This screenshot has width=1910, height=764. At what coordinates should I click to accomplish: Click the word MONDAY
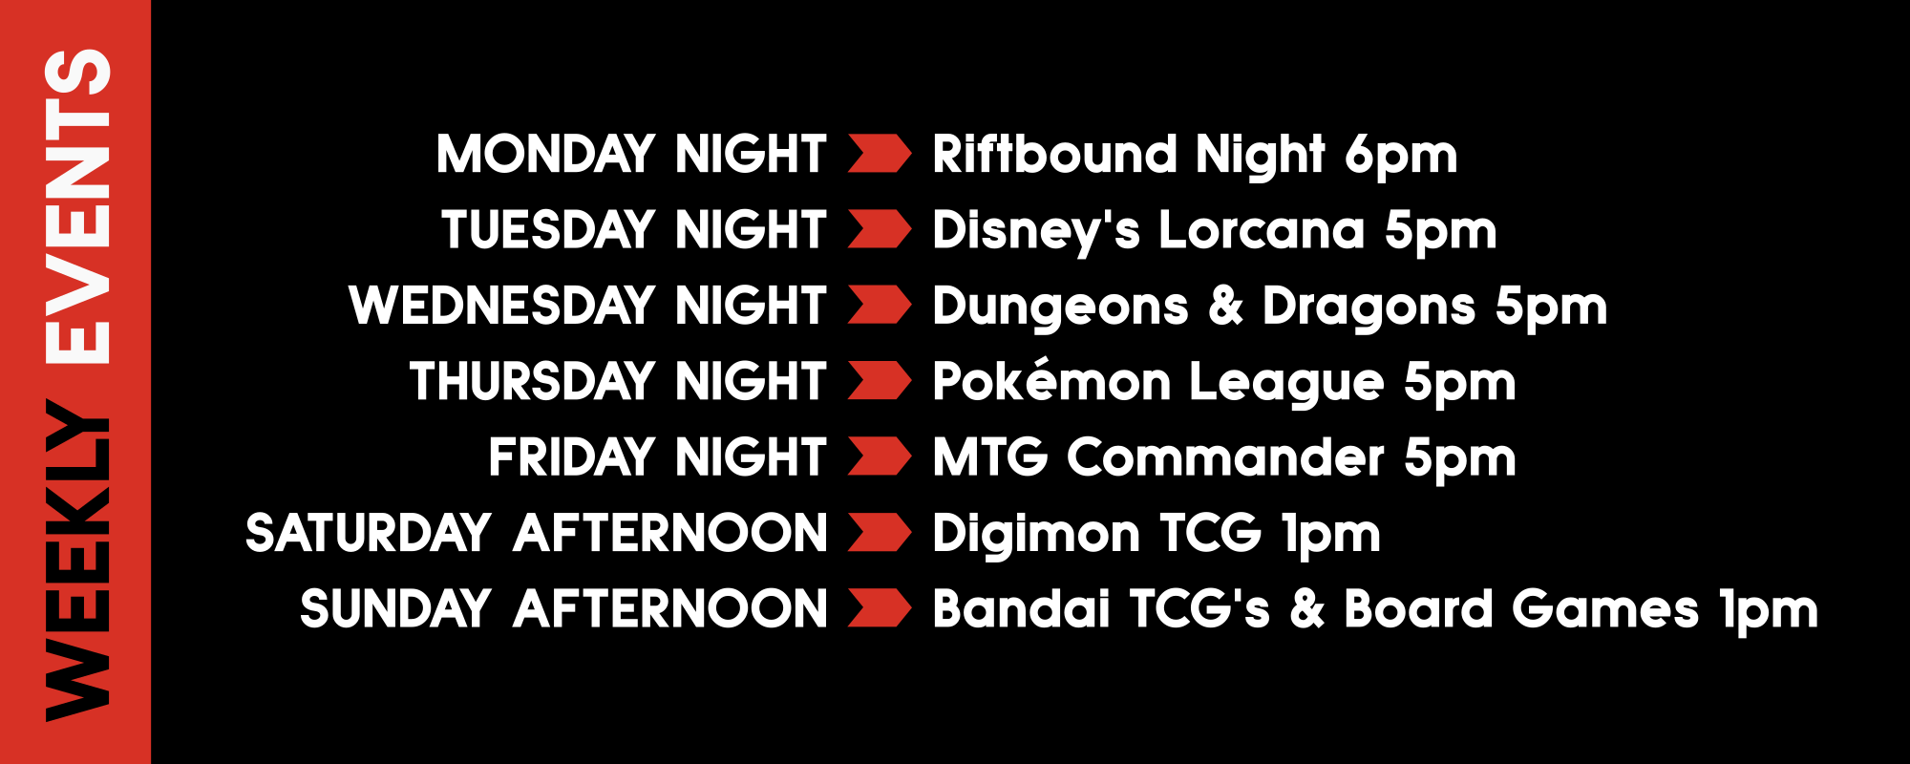(545, 154)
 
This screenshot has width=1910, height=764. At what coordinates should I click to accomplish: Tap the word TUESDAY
(548, 230)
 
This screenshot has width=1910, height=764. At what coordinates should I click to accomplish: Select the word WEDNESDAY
(502, 306)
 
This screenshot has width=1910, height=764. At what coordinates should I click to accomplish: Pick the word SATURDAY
(369, 533)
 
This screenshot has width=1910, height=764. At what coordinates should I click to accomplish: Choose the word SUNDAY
(395, 608)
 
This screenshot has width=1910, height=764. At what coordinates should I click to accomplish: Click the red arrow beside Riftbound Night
(880, 154)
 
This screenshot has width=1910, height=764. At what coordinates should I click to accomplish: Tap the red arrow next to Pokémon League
(880, 381)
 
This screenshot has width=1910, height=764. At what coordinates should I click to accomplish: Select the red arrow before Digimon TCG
(880, 533)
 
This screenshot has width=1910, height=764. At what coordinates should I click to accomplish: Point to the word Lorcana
(1262, 230)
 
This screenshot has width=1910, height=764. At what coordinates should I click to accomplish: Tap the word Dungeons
(1060, 308)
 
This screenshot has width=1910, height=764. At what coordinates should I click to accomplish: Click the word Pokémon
(1051, 381)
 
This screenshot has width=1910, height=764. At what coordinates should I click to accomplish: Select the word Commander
(1225, 456)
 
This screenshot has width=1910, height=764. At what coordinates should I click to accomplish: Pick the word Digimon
(1036, 534)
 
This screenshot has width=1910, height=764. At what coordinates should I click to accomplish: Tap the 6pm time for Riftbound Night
(1401, 157)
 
